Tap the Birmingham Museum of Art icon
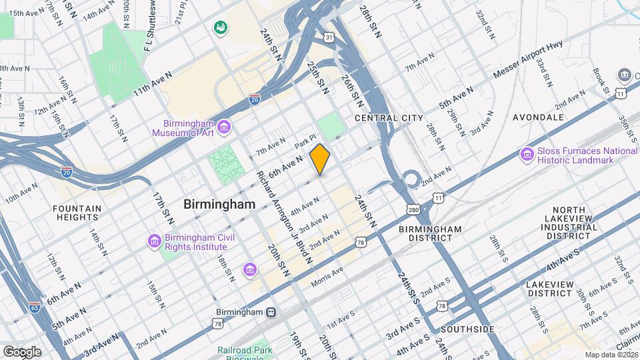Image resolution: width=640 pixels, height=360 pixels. click(x=224, y=127)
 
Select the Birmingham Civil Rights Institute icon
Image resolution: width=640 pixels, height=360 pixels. click(x=155, y=241)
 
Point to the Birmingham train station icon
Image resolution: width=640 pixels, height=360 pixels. click(x=271, y=312)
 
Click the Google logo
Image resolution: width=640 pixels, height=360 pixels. click(x=22, y=351)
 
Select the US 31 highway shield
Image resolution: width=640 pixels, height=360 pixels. click(x=329, y=37)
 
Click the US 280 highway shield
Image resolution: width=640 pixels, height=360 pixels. click(x=413, y=209)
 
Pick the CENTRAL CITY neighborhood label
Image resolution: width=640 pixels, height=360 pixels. click(x=389, y=118)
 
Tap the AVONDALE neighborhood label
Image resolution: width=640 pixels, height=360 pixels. click(x=538, y=117)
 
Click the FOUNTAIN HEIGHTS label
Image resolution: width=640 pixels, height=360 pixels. click(x=77, y=213)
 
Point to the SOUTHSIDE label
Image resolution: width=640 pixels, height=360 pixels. click(x=467, y=329)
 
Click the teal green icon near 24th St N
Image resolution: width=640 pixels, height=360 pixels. click(x=219, y=28)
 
